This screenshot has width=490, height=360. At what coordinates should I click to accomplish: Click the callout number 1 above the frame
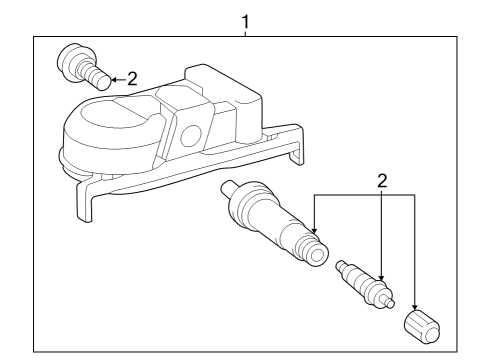245,22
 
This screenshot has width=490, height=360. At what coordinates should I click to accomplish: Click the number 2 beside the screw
132,79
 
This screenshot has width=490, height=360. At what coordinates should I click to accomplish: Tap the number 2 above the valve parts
382,181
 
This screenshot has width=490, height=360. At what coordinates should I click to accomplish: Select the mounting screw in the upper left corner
84,66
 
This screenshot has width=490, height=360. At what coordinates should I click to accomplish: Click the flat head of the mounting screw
71,62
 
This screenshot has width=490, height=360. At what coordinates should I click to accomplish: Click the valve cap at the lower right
422,327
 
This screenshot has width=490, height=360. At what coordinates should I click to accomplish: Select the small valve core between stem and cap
365,284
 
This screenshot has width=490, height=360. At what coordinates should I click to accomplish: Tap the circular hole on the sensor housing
191,136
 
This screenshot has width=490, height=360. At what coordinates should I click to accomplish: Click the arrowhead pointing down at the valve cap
415,306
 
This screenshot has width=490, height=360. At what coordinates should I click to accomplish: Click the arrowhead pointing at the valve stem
314,229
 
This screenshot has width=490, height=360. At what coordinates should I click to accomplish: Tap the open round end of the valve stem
317,256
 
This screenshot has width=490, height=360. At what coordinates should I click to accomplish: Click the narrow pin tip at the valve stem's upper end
228,188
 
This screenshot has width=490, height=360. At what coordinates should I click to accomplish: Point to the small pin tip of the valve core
390,302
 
